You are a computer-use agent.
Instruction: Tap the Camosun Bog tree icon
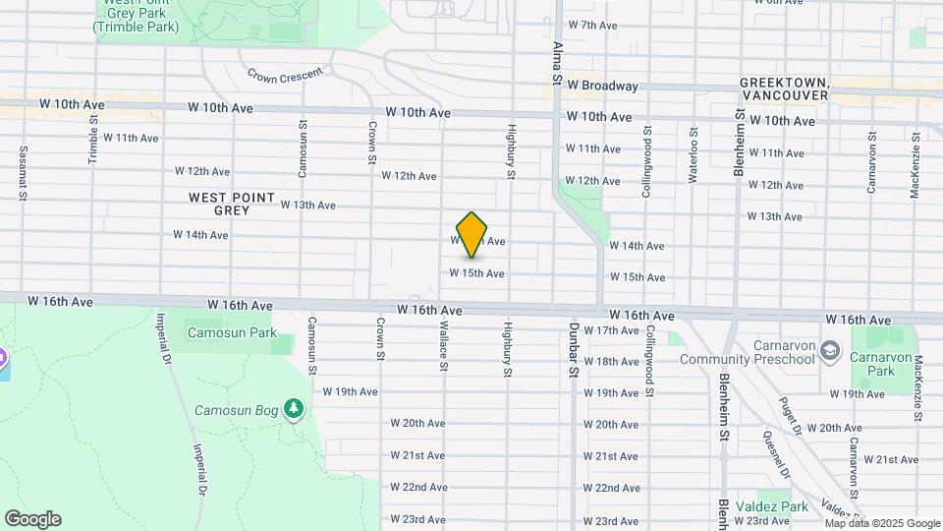coord(293,408)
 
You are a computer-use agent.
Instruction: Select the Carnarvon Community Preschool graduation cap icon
coord(830,351)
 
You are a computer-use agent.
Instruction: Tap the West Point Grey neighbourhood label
coord(233,204)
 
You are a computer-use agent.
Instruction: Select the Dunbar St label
coord(574,351)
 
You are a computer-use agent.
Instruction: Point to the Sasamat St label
coord(22,174)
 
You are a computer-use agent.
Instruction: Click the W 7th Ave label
coord(593,25)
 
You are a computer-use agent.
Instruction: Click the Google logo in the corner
coord(32,519)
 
